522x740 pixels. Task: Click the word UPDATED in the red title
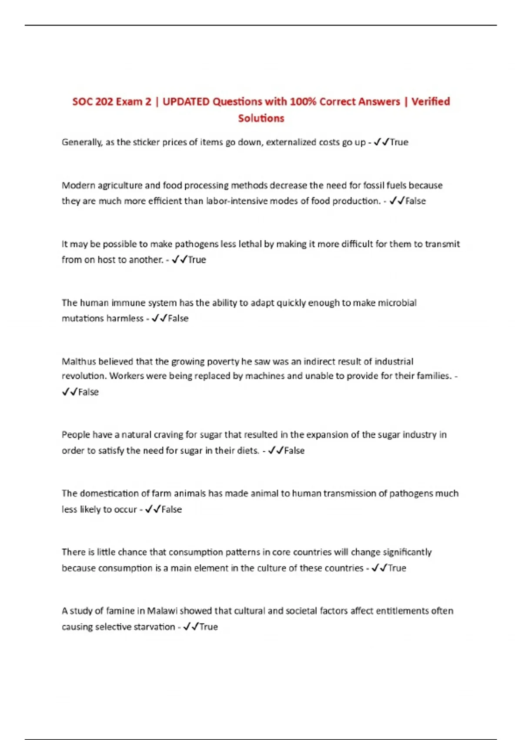click(x=186, y=101)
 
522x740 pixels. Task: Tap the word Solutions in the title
click(x=261, y=118)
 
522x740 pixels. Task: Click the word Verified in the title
click(x=431, y=101)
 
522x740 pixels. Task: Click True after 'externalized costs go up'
click(x=399, y=142)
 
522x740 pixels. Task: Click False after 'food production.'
click(x=415, y=201)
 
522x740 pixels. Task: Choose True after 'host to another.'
click(x=197, y=260)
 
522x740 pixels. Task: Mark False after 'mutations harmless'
click(x=178, y=319)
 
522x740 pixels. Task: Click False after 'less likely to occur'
click(x=171, y=509)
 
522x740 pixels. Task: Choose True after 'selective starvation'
click(x=208, y=627)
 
